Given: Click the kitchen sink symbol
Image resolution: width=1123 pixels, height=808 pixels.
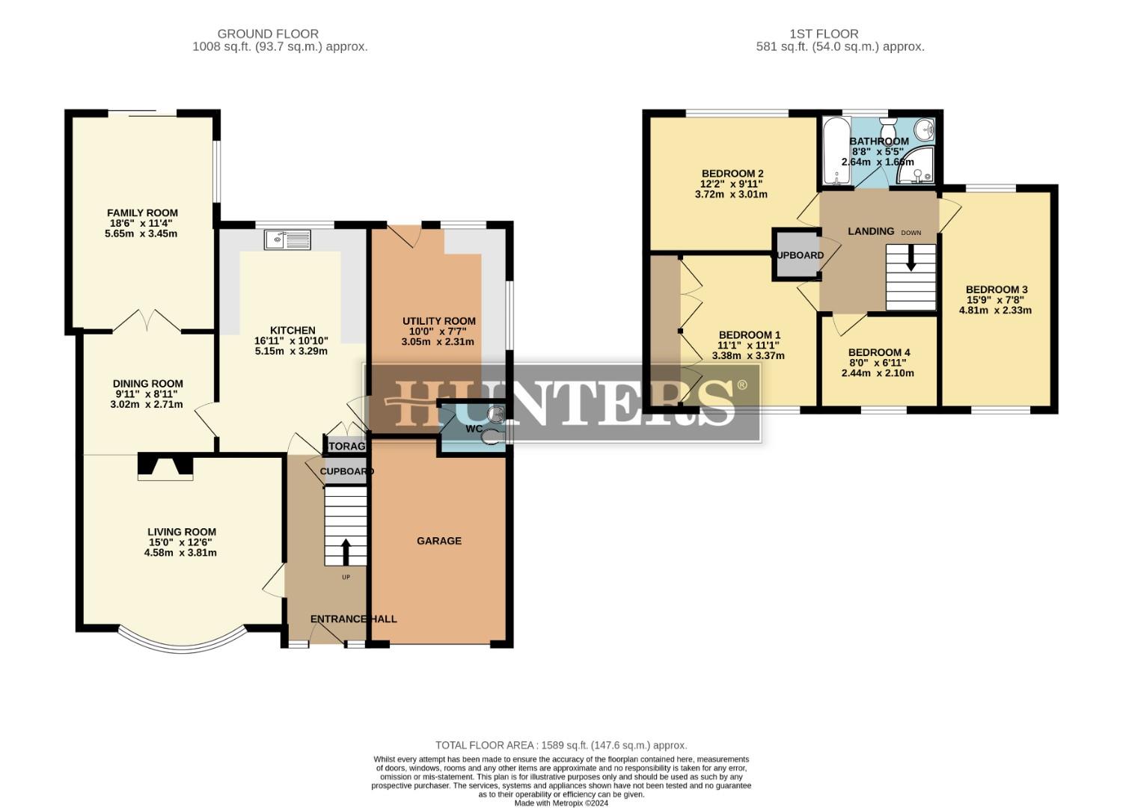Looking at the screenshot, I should (x=287, y=239).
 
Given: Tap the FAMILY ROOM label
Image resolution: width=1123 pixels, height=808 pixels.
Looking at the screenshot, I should (x=142, y=213).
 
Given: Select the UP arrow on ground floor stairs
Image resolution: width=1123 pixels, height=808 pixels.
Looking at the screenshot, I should (x=346, y=552).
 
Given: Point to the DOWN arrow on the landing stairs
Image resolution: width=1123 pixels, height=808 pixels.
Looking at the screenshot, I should (x=911, y=259).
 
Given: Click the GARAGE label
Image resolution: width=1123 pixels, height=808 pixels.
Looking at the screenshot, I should (x=439, y=541).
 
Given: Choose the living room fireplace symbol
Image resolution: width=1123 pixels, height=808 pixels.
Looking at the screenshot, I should (x=165, y=467).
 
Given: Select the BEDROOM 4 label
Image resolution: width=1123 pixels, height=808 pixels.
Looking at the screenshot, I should (x=879, y=352).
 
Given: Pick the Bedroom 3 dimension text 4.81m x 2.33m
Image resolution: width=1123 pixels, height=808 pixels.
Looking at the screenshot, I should (x=999, y=310).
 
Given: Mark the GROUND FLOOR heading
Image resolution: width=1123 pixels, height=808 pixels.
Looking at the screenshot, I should (x=268, y=34).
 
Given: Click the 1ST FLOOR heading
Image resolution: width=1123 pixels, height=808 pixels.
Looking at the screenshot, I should (x=824, y=34).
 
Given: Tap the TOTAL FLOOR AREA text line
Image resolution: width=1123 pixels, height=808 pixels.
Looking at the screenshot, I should (x=561, y=745).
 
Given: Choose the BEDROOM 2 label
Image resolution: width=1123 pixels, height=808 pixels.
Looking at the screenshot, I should (x=732, y=174).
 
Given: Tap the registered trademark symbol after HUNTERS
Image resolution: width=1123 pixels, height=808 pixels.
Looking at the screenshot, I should (x=741, y=385).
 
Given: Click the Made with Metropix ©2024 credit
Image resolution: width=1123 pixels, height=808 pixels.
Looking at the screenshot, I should (x=561, y=804).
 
